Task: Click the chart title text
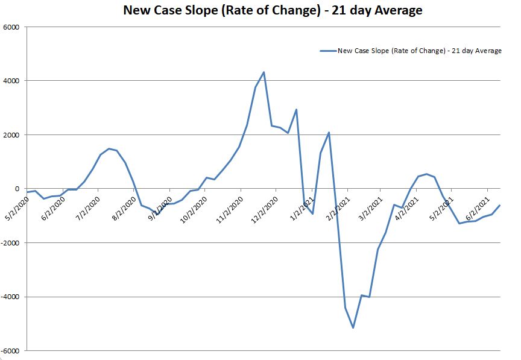click(273, 10)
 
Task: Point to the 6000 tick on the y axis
click(11, 27)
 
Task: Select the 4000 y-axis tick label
click(11, 81)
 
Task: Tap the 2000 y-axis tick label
click(11, 135)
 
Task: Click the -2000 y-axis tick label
click(10, 243)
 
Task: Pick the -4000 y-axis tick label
click(10, 297)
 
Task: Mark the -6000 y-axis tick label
click(10, 351)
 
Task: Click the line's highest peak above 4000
click(264, 72)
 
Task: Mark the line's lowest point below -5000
click(353, 327)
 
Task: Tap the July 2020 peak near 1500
click(109, 148)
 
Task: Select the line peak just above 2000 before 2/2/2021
click(329, 133)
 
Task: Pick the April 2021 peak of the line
click(426, 174)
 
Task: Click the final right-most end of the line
click(500, 206)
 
